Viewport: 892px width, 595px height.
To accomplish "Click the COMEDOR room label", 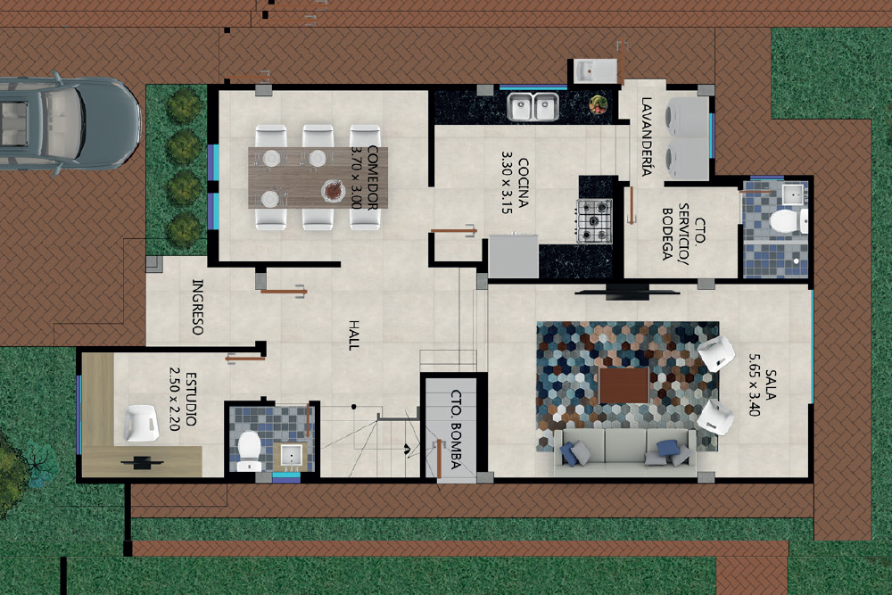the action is (373, 178).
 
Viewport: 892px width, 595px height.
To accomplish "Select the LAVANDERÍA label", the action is (646, 136).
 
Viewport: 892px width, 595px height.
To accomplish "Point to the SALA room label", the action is (771, 384).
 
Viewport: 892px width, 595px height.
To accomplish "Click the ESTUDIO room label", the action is (191, 399).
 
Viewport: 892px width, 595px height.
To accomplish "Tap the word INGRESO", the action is (197, 307).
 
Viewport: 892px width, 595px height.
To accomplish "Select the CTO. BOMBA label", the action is (456, 429).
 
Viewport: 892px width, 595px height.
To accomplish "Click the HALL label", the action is (354, 335).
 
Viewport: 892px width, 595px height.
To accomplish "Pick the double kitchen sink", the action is (533, 107).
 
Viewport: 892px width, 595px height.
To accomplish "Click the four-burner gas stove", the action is (594, 220).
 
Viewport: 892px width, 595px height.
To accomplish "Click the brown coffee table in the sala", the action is (624, 385).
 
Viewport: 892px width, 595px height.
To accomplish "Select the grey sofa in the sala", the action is (624, 451).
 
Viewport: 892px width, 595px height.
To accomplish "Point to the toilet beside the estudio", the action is (249, 451).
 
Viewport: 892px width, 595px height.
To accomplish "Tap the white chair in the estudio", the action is (141, 423).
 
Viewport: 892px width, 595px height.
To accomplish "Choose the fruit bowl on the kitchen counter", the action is (599, 104).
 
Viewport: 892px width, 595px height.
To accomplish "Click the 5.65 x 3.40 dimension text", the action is (755, 384).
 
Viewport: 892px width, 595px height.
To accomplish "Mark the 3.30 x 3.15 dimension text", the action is (507, 182).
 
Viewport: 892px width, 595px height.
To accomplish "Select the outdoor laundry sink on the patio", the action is (595, 71).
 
